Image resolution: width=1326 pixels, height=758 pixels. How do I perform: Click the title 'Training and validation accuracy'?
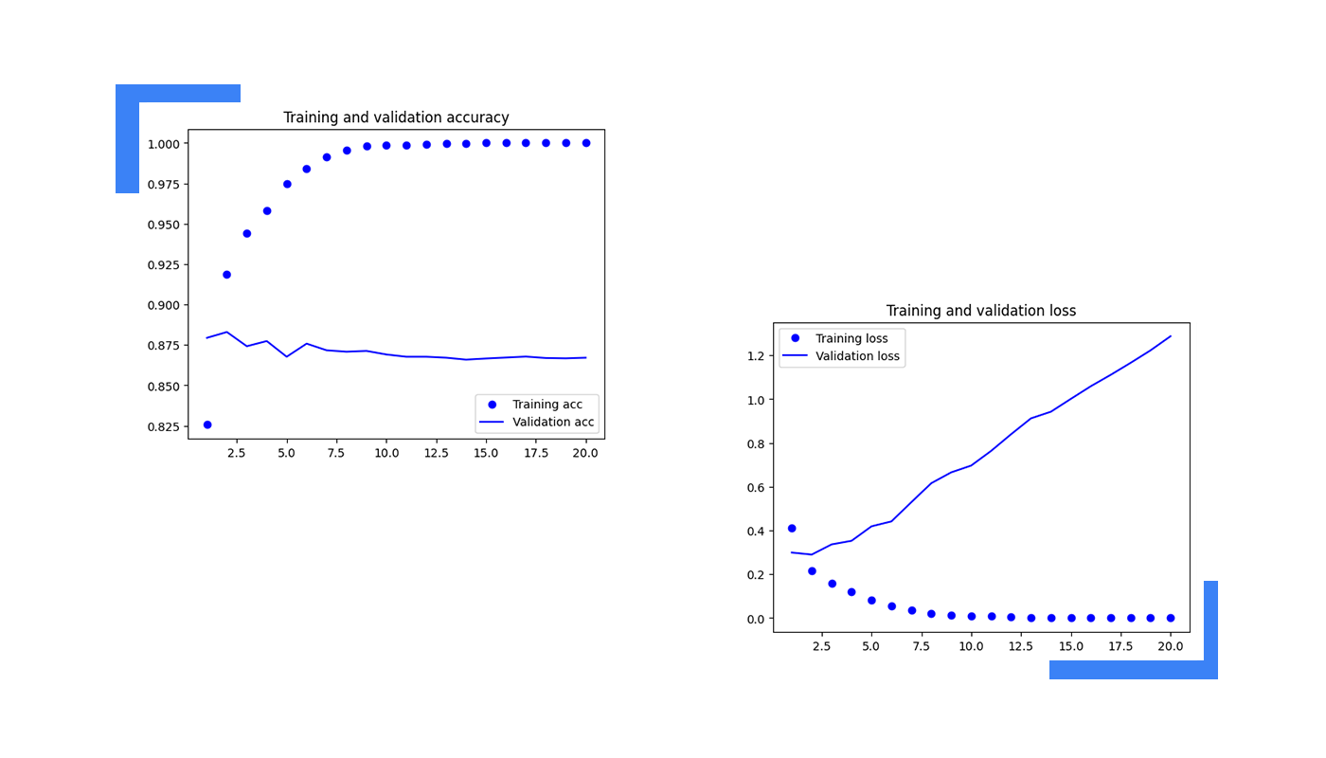(x=396, y=117)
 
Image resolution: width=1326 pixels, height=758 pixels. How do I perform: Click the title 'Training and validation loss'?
(x=980, y=311)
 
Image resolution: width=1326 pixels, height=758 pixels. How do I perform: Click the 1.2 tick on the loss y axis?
(x=757, y=356)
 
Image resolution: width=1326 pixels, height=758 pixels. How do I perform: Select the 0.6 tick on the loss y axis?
(x=757, y=488)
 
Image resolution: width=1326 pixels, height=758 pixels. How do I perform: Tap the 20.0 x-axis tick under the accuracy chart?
(x=585, y=453)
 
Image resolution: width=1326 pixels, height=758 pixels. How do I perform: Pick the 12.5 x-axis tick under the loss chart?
(x=1020, y=646)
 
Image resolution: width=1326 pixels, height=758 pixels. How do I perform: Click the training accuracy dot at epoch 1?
(x=207, y=424)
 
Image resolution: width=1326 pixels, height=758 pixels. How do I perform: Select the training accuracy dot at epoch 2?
(x=226, y=275)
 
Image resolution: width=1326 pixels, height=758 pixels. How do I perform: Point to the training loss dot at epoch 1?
(x=792, y=529)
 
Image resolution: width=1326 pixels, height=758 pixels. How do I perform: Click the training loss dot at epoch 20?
(x=1171, y=618)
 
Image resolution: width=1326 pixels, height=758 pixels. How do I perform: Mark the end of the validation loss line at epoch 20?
(x=1171, y=336)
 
